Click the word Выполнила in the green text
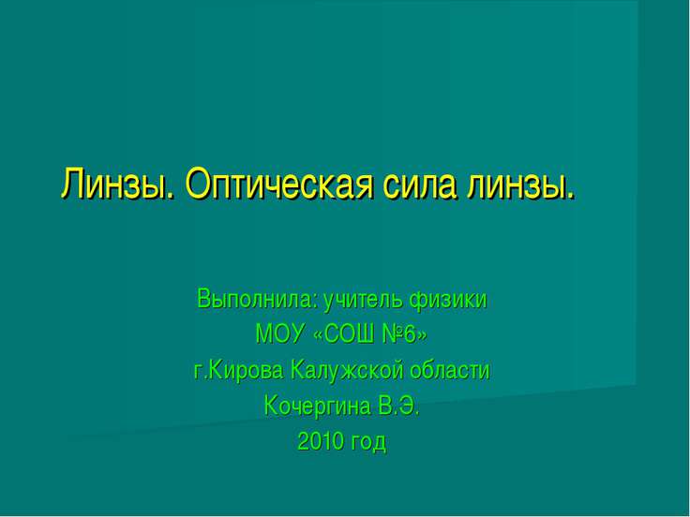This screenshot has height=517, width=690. point(259,300)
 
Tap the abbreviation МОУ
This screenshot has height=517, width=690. point(280,334)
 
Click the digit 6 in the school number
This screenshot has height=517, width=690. point(410,334)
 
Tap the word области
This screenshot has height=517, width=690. point(449,370)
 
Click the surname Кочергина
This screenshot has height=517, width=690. point(318,406)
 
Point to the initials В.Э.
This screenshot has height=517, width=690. point(398,406)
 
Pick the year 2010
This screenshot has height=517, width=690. point(321,441)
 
